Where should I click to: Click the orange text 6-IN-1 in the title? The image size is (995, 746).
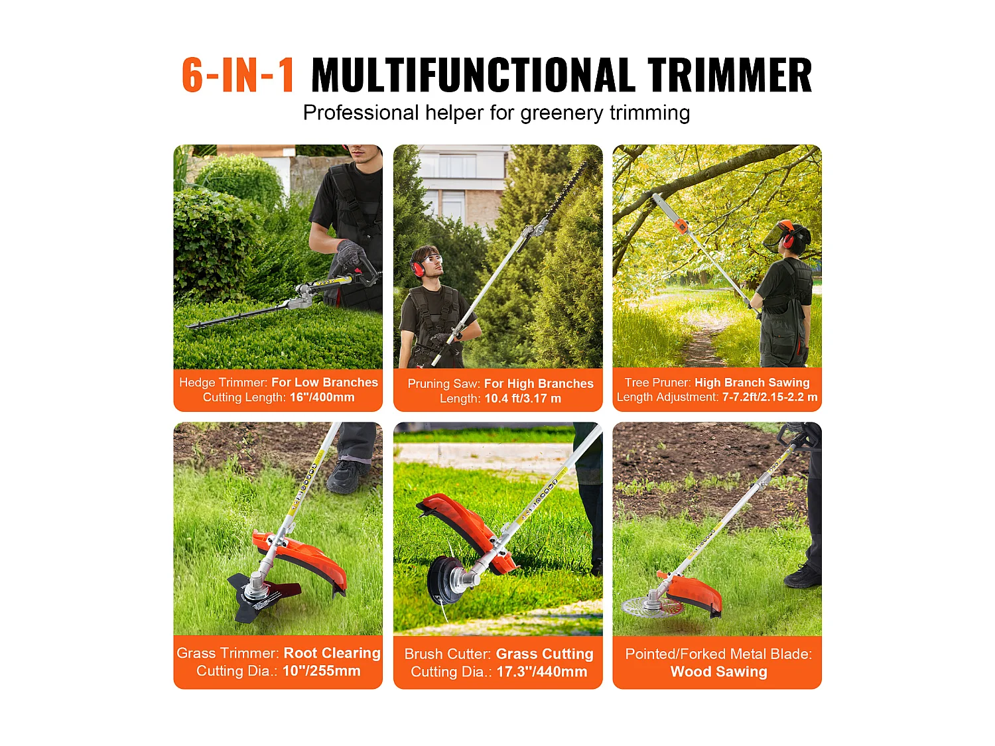pyautogui.click(x=238, y=75)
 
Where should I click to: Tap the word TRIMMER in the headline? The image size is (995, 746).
pyautogui.click(x=729, y=75)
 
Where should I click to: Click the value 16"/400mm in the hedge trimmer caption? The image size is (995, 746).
pyautogui.click(x=322, y=397)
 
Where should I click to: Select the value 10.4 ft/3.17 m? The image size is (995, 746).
pyautogui.click(x=523, y=399)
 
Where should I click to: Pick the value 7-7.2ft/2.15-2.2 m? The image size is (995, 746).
pyautogui.click(x=769, y=397)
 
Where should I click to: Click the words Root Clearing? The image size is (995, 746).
pyautogui.click(x=332, y=653)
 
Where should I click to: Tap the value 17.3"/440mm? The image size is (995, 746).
pyautogui.click(x=541, y=672)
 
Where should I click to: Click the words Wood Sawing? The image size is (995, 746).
pyautogui.click(x=718, y=672)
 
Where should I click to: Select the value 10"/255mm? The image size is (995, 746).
pyautogui.click(x=321, y=671)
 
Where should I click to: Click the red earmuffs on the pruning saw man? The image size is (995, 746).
pyautogui.click(x=418, y=268)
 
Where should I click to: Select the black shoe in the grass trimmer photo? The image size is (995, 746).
pyautogui.click(x=345, y=477)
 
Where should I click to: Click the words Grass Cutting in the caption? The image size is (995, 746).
pyautogui.click(x=545, y=654)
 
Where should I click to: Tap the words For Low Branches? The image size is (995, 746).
pyautogui.click(x=324, y=383)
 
